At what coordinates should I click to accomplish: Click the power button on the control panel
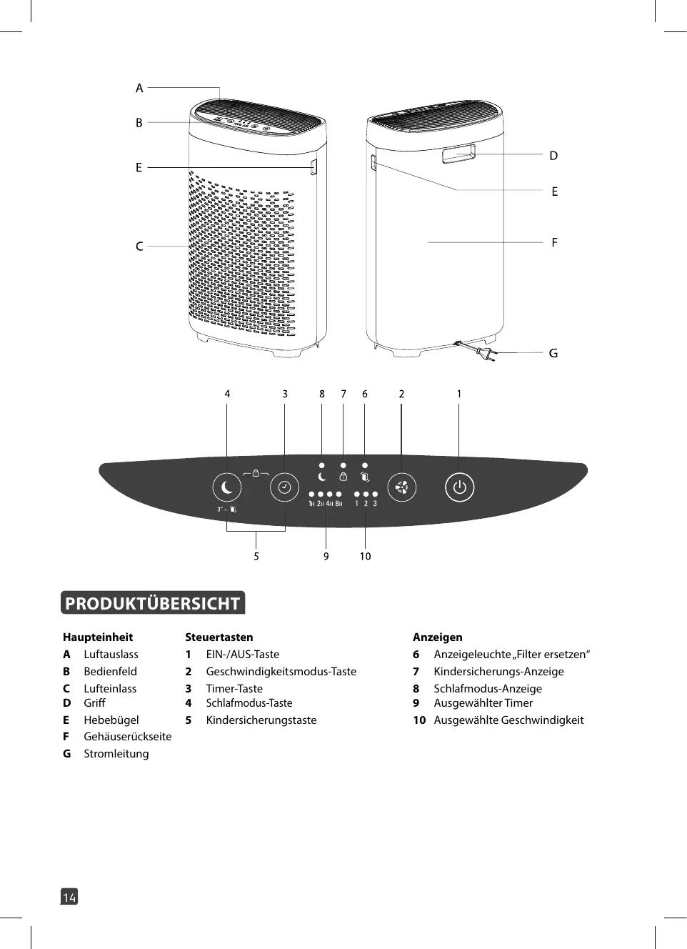click(x=459, y=487)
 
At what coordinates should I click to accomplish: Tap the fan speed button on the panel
click(x=401, y=488)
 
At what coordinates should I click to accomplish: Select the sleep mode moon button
click(x=227, y=487)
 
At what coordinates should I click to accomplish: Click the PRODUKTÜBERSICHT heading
click(x=153, y=603)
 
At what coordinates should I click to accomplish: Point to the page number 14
click(x=69, y=897)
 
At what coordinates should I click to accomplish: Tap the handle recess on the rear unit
click(x=458, y=154)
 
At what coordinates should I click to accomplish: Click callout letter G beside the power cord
click(x=553, y=353)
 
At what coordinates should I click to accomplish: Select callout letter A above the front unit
click(x=139, y=88)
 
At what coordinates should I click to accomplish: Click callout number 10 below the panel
click(x=365, y=556)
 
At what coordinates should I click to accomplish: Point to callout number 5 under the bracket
click(x=256, y=556)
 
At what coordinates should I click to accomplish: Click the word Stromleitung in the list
click(x=116, y=753)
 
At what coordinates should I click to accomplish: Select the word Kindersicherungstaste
click(x=261, y=720)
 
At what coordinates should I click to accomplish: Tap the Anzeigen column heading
click(x=438, y=637)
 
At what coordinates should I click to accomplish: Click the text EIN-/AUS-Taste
click(x=243, y=654)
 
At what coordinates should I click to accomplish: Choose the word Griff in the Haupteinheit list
click(x=94, y=702)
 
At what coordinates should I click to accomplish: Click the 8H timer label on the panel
click(x=339, y=504)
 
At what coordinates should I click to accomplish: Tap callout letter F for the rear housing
click(x=554, y=242)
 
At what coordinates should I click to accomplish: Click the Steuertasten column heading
click(x=219, y=637)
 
